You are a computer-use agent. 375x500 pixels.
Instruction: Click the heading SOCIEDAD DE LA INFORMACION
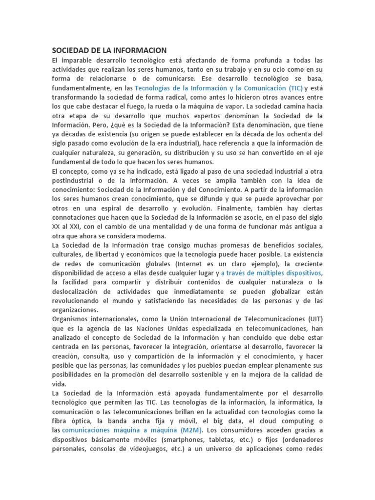[109, 50]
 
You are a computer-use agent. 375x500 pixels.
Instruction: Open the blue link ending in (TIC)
[218, 88]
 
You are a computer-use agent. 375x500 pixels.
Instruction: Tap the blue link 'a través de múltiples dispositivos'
[272, 272]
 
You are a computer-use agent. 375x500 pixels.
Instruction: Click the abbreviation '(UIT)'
[313, 319]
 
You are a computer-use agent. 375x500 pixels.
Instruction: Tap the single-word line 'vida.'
[59, 384]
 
